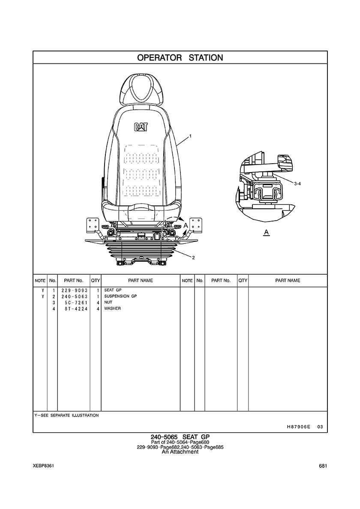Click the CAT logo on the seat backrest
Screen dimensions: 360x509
pyautogui.click(x=141, y=126)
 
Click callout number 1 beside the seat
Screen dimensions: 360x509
pyautogui.click(x=191, y=136)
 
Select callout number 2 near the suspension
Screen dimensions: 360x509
pyautogui.click(x=193, y=258)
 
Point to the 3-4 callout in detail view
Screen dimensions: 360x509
pyautogui.click(x=297, y=184)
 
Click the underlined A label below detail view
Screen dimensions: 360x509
pyautogui.click(x=267, y=232)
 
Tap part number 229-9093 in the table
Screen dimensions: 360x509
pyautogui.click(x=74, y=290)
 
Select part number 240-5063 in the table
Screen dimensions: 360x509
pyautogui.click(x=74, y=296)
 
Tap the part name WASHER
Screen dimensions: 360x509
pyautogui.click(x=112, y=308)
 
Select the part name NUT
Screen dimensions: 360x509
pyautogui.click(x=108, y=302)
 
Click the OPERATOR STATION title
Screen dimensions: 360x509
pyautogui.click(x=180, y=58)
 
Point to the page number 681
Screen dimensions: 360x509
pyautogui.click(x=323, y=466)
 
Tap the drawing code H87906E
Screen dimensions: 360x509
pyautogui.click(x=297, y=427)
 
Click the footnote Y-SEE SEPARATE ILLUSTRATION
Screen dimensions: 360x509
pyautogui.click(x=66, y=415)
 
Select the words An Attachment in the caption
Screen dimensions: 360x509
pyautogui.click(x=180, y=452)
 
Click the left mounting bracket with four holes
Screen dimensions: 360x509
pyautogui.click(x=92, y=225)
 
